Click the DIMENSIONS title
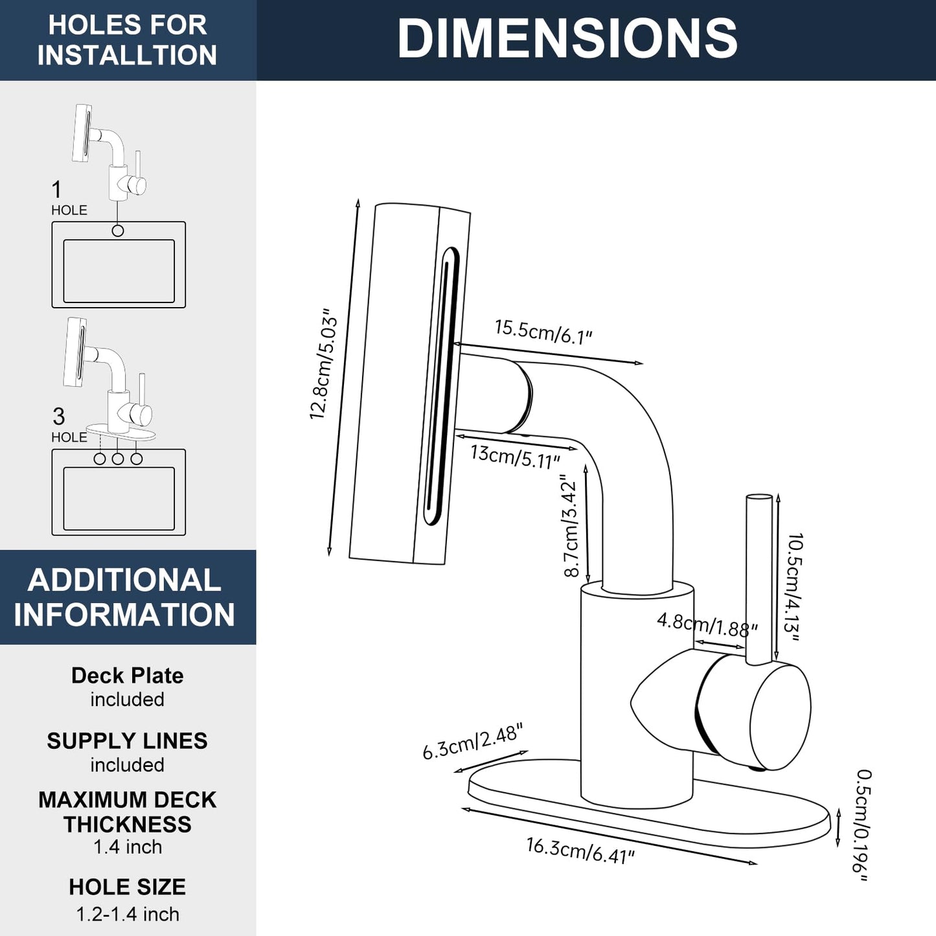[567, 39]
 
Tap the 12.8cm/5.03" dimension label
[323, 364]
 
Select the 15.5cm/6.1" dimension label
[543, 332]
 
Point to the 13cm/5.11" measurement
[515, 456]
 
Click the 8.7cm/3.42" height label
[569, 526]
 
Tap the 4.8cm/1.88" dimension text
[707, 625]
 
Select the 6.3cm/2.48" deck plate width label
[472, 742]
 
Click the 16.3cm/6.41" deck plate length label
[580, 850]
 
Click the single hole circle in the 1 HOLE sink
[118, 230]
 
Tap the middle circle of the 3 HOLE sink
[118, 459]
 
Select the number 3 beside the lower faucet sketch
[59, 416]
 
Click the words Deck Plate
[128, 676]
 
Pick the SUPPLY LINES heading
[128, 740]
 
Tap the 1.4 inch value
[128, 847]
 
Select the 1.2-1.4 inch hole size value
[128, 914]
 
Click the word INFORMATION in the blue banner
[124, 614]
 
